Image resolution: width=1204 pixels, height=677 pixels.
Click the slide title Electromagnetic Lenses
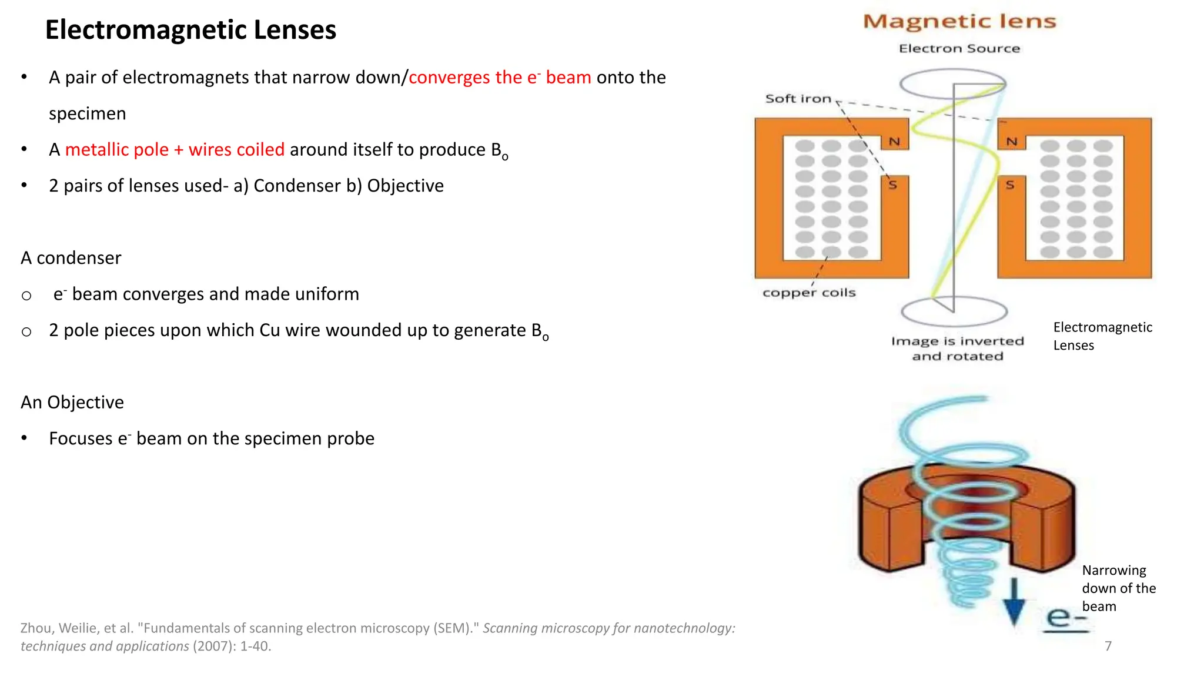[x=190, y=30]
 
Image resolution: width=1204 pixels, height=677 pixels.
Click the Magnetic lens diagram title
[x=959, y=22]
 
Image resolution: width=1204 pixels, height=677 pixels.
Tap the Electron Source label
[x=959, y=49]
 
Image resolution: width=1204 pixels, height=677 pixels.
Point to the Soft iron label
[x=798, y=99]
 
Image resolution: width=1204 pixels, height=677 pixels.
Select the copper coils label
[x=809, y=293]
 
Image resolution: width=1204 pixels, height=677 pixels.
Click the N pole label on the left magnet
[x=894, y=142]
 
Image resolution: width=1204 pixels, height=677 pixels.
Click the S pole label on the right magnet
[x=1010, y=185]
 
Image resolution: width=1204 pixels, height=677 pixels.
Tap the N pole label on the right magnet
[x=1012, y=142]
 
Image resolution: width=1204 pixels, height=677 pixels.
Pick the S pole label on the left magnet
[x=893, y=185]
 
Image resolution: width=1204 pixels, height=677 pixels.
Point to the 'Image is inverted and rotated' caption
[x=958, y=348]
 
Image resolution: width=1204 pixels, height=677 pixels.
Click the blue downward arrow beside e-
[x=1014, y=602]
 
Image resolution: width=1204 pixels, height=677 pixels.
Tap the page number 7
[x=1108, y=646]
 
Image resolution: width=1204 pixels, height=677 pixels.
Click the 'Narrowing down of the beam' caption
[x=1119, y=588]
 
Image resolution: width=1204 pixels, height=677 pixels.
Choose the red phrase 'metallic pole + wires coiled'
[x=175, y=150]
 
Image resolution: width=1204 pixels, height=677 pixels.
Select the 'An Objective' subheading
[x=72, y=403]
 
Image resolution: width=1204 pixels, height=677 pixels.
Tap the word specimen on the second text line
[x=88, y=113]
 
